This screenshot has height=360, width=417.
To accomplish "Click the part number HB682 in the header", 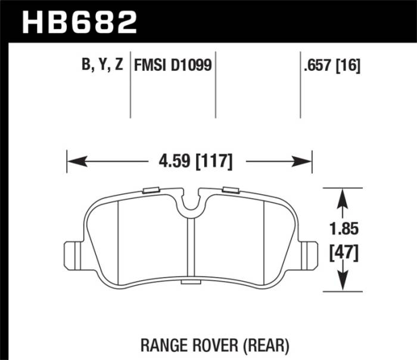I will (x=79, y=23).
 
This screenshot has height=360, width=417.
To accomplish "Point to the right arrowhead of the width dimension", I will (x=306, y=161).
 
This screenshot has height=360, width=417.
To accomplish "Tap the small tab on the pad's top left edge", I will (x=152, y=190).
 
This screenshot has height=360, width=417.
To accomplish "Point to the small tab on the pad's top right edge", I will (x=229, y=190).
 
